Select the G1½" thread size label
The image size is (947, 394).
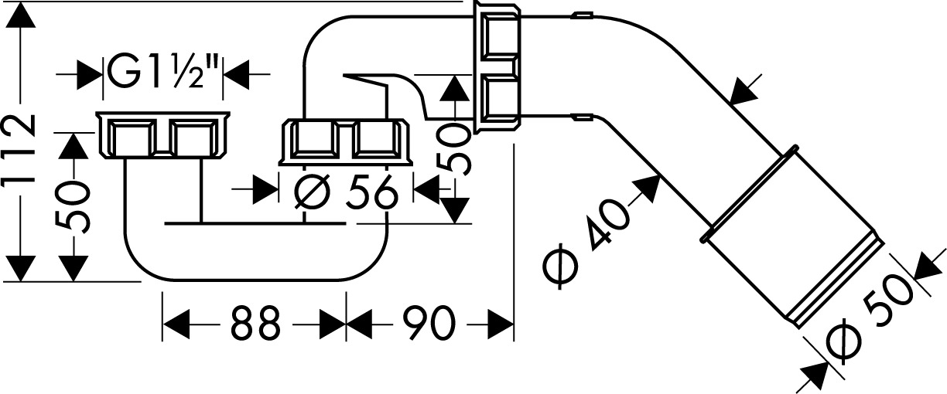click(x=163, y=73)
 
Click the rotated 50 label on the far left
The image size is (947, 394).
click(x=76, y=207)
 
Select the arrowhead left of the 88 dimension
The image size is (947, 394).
click(x=175, y=325)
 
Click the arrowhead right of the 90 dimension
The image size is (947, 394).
click(x=503, y=325)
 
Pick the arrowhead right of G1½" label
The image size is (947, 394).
click(x=235, y=73)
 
